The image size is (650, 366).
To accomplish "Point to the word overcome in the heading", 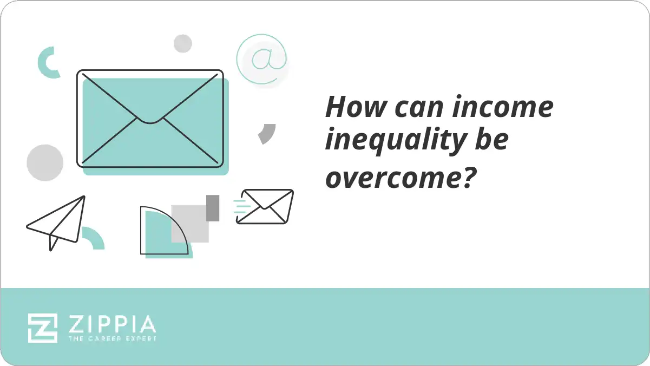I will coord(388,178).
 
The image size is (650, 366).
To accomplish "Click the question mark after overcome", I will coord(459,176).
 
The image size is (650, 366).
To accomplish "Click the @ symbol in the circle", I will coord(262,60).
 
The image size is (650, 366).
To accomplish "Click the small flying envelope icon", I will coord(265,206).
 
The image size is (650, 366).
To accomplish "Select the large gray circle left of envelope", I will coord(45,162).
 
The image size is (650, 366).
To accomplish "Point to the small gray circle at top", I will coord(183,43).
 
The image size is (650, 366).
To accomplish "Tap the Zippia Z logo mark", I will coord(43,328).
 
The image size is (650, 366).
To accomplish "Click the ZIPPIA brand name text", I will coord(111,325).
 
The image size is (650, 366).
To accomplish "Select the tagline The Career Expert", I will coord(111,339).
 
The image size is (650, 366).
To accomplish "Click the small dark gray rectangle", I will coord(213,208).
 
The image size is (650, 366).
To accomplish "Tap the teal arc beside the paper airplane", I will coord(93,238).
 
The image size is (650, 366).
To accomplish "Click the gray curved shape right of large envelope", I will coord(267,133).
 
